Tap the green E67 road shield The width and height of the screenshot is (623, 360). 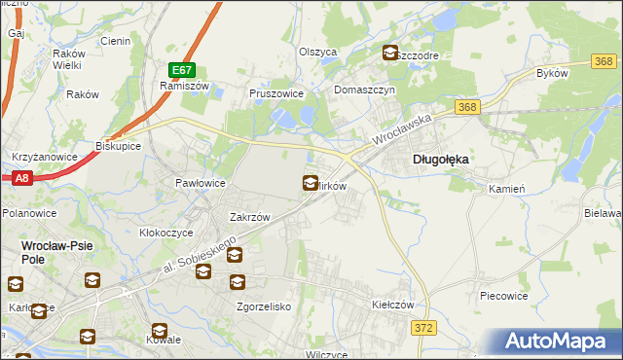(182, 70)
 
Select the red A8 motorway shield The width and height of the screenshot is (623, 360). (22, 178)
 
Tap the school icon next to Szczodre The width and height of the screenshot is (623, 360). (390, 54)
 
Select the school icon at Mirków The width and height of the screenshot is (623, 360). (311, 182)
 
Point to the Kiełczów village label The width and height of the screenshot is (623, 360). (394, 305)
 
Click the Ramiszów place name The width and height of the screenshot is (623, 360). (179, 86)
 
